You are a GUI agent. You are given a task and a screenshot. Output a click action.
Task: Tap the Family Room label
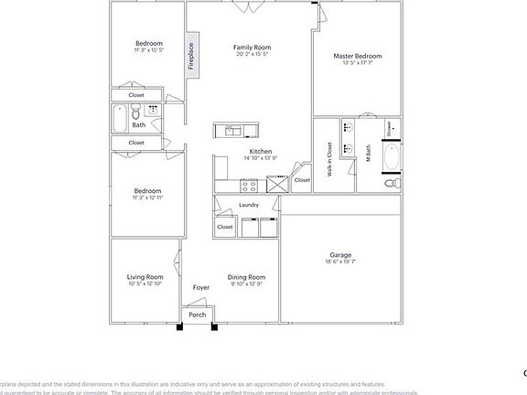point(252,47)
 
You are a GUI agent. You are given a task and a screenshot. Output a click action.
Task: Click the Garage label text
point(340,255)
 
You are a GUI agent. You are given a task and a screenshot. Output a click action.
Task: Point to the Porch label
point(198,315)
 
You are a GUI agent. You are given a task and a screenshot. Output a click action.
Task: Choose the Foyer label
point(201,288)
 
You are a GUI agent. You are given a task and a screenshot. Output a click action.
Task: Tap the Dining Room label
point(247,277)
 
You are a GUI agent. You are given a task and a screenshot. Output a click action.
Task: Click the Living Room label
point(145,277)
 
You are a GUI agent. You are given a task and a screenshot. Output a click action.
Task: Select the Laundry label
point(249,206)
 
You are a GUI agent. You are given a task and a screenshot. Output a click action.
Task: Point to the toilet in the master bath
point(391,183)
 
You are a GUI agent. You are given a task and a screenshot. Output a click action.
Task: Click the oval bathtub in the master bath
point(391,157)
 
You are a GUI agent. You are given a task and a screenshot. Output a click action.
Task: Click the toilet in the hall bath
point(135,113)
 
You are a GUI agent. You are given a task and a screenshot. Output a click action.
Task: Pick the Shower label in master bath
point(390,130)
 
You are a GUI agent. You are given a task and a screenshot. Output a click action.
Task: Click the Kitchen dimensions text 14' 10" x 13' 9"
point(260,158)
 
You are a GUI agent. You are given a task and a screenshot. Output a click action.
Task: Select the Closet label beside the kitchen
point(302,180)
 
